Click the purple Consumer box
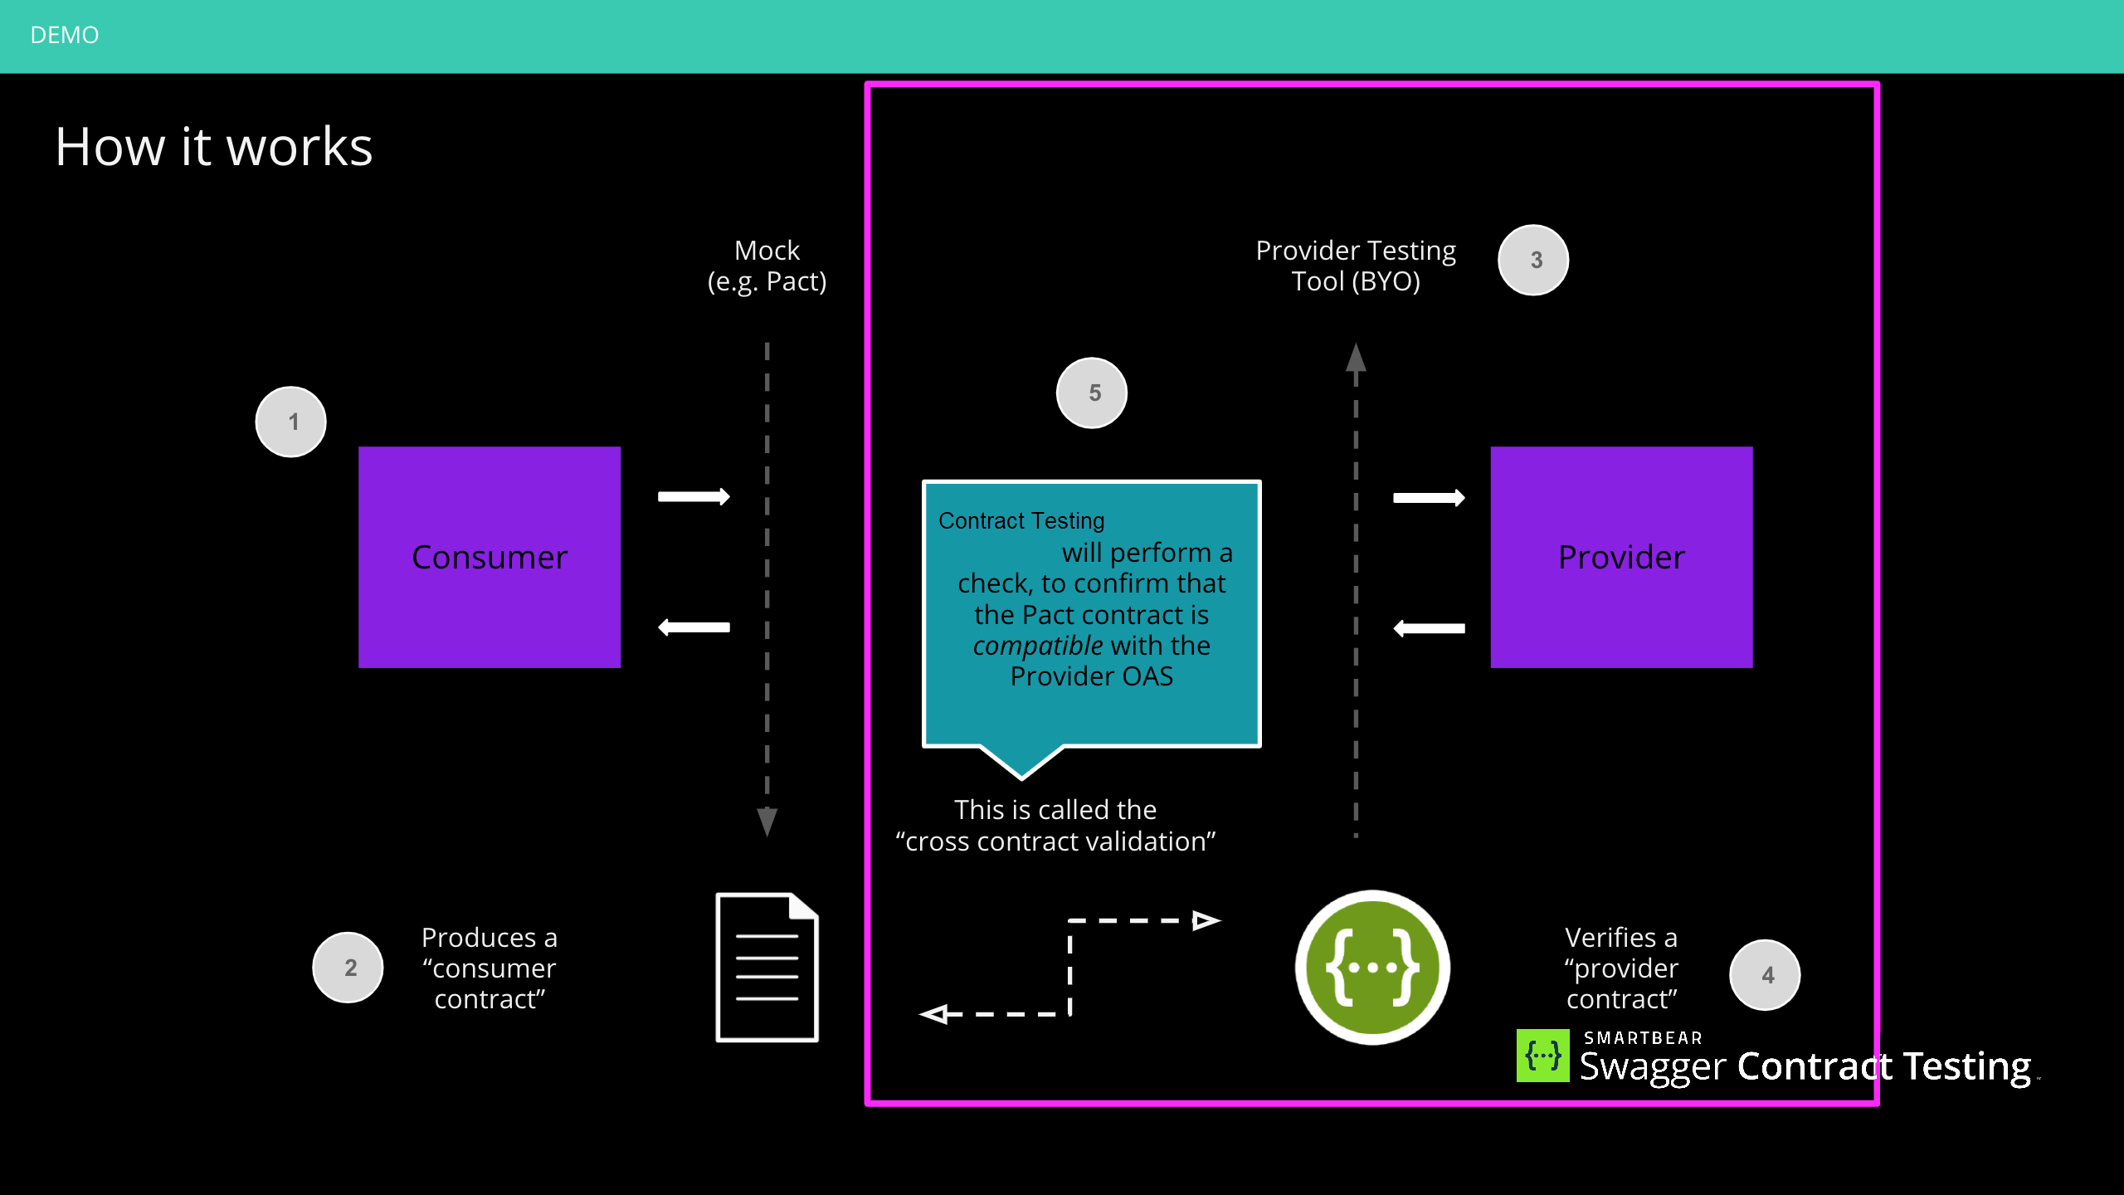489,557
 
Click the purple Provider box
1620,557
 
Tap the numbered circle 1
290,422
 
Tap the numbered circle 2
348,967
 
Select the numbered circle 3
1532,260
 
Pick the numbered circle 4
1765,974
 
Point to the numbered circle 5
1091,393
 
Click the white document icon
767,967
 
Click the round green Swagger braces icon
1372,967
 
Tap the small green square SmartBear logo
1542,1056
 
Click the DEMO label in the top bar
64,35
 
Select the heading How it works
214,147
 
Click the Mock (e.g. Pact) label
767,266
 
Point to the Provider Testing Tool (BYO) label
1355,266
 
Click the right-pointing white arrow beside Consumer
694,496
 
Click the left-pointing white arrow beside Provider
1429,628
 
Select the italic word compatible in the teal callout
1037,646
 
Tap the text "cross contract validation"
1055,841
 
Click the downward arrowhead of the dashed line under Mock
767,821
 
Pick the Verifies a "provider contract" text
1620,968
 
